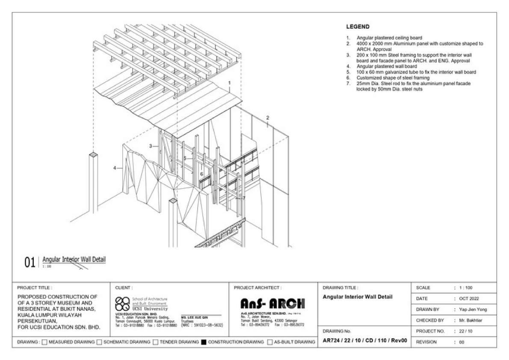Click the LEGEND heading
pyautogui.click(x=358, y=27)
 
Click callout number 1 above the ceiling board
pyautogui.click(x=230, y=83)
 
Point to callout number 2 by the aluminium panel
pyautogui.click(x=267, y=118)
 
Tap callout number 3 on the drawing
pyautogui.click(x=151, y=146)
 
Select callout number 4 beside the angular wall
pyautogui.click(x=115, y=168)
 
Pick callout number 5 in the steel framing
pyautogui.click(x=185, y=158)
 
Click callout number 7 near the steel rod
pyautogui.click(x=244, y=198)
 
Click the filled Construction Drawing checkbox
pyautogui.click(x=204, y=342)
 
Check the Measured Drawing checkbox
pyautogui.click(x=44, y=342)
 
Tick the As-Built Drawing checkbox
pyautogui.click(x=269, y=342)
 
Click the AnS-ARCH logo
pyautogui.click(x=273, y=304)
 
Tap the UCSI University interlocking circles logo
pyautogui.click(x=122, y=303)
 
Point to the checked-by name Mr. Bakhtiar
pyautogui.click(x=469, y=320)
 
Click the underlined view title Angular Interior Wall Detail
pyautogui.click(x=74, y=259)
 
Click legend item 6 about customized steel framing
pyautogui.click(x=393, y=78)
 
